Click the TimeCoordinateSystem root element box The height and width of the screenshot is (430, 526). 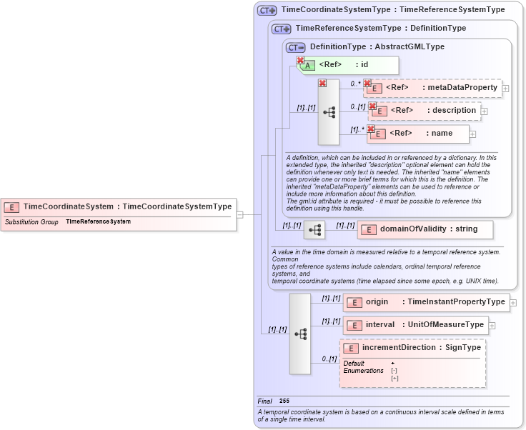pyautogui.click(x=118, y=206)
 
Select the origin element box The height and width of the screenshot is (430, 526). pyautogui.click(x=426, y=302)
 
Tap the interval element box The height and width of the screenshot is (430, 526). pyautogui.click(x=415, y=325)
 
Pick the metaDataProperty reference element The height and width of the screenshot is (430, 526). pyautogui.click(x=432, y=88)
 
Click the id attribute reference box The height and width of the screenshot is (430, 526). pyautogui.click(x=347, y=65)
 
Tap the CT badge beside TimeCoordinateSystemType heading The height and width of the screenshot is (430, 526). pyautogui.click(x=267, y=10)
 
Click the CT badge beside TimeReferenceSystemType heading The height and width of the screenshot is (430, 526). pyautogui.click(x=282, y=29)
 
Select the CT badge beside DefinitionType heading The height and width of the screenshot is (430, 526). pyautogui.click(x=295, y=47)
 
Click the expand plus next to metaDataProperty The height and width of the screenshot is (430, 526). pyautogui.click(x=506, y=89)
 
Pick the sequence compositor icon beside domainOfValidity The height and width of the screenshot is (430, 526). pyautogui.click(x=314, y=229)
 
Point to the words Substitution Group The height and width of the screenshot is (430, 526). pyautogui.click(x=31, y=222)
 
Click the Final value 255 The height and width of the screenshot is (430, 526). pyautogui.click(x=284, y=401)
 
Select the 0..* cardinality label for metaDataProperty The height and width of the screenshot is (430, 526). pyautogui.click(x=354, y=83)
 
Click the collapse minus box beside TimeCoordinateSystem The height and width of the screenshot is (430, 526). pyautogui.click(x=240, y=214)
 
